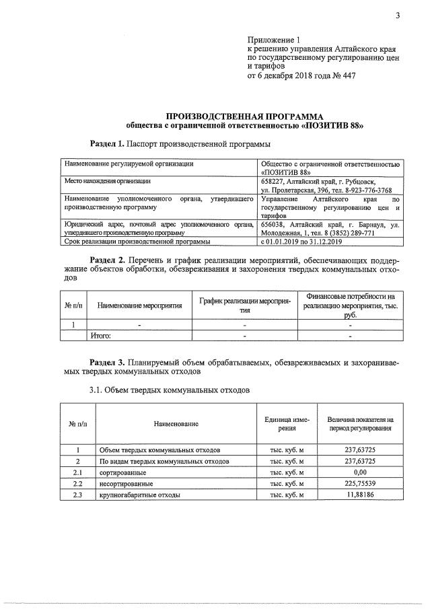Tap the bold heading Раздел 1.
tap(108, 144)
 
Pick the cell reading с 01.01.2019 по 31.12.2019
tap(301, 240)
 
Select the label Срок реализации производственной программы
tap(137, 240)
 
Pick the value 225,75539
tap(360, 484)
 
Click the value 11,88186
tap(360, 495)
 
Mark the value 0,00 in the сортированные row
tap(360, 472)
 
